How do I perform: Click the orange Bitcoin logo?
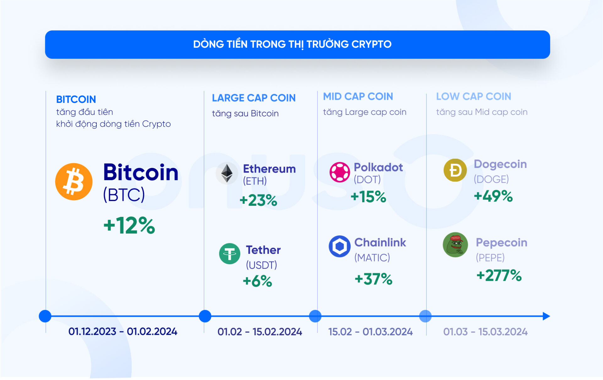(74, 181)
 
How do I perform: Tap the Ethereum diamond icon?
(227, 173)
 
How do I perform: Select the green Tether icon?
(230, 254)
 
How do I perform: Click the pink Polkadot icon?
(340, 172)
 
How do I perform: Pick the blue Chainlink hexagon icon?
(340, 246)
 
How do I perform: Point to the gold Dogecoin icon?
(455, 170)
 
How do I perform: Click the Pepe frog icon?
(455, 245)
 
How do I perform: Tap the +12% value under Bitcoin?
(129, 225)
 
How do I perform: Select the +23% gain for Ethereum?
(258, 200)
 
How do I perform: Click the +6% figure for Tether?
(257, 281)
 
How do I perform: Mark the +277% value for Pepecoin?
(499, 276)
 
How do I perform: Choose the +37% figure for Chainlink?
(373, 279)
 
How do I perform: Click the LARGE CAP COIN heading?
(254, 98)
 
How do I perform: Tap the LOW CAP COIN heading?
(473, 96)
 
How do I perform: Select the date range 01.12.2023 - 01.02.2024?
(123, 331)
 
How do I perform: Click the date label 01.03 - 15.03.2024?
(485, 332)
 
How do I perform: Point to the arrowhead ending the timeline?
(546, 316)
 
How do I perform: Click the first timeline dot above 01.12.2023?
(45, 316)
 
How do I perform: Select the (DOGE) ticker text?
(491, 179)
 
